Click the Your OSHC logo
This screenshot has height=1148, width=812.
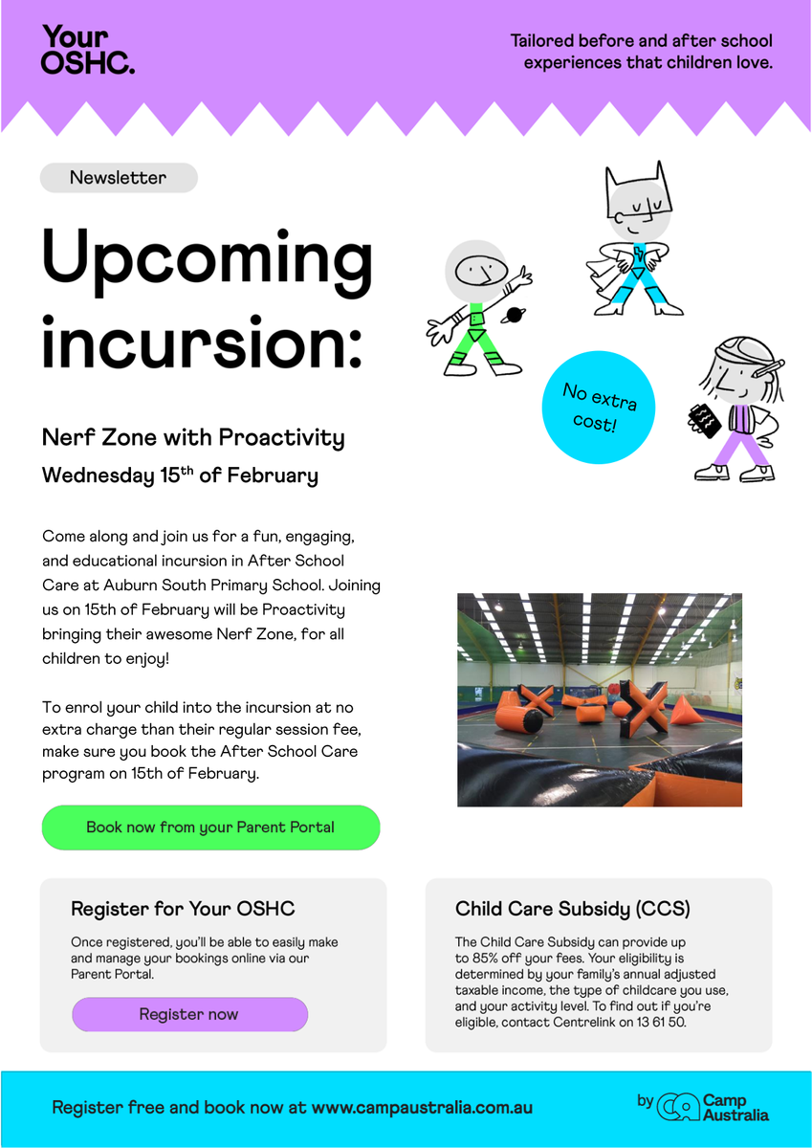(x=88, y=50)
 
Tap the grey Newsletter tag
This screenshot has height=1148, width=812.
(x=119, y=178)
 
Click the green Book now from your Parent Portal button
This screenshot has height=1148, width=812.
(x=210, y=828)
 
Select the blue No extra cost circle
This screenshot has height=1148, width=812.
(x=599, y=408)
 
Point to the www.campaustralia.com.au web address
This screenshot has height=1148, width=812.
(x=422, y=1107)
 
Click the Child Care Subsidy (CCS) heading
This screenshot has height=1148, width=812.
(x=572, y=909)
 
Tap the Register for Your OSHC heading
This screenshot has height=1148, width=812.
(x=183, y=909)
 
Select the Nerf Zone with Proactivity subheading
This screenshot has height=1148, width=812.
(x=193, y=438)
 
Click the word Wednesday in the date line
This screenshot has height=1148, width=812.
(x=98, y=475)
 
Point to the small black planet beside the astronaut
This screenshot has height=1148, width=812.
(x=514, y=315)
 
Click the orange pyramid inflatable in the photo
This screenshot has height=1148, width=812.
(x=686, y=710)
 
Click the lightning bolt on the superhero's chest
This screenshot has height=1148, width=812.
(x=638, y=254)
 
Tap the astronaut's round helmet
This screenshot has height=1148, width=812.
(x=476, y=271)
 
